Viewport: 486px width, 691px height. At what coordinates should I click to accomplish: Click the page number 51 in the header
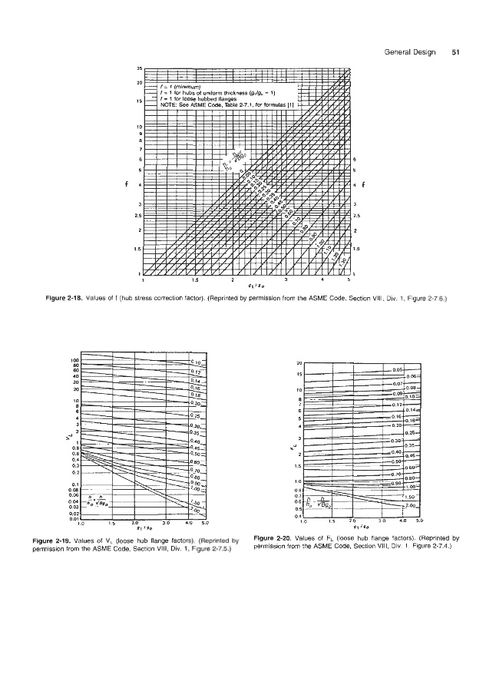tap(455, 53)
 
